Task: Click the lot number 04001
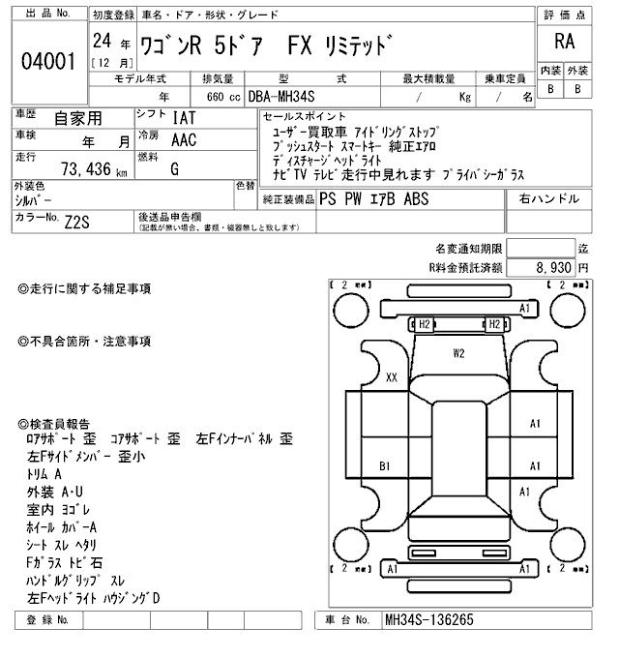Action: (48, 61)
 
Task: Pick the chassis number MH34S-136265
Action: (429, 619)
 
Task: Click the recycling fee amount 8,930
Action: (550, 266)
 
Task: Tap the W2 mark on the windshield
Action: (459, 354)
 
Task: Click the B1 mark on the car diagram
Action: (384, 466)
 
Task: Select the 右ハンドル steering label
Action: (549, 198)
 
